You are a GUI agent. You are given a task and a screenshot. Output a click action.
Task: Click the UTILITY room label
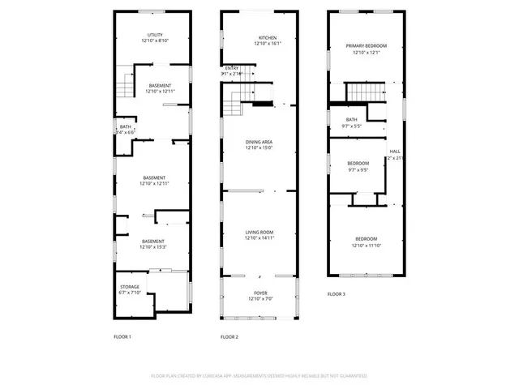[x=155, y=35]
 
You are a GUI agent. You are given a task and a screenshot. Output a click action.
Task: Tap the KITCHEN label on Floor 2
[x=268, y=38]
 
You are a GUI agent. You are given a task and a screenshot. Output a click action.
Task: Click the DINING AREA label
[x=260, y=142]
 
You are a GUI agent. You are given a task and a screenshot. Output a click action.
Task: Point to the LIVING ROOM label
[x=260, y=233]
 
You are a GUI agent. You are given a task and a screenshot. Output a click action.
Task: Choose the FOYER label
[x=260, y=293]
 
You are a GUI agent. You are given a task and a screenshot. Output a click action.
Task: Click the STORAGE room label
[x=131, y=287]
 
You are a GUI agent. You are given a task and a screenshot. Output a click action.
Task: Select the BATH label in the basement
[x=126, y=126]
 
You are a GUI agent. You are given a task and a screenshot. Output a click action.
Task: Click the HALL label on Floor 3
[x=395, y=152]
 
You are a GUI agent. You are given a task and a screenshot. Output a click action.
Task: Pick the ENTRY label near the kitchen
[x=231, y=68]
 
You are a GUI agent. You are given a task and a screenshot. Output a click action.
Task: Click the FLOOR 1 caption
[x=122, y=336]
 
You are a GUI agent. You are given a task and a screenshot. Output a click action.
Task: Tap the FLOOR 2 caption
[x=229, y=336]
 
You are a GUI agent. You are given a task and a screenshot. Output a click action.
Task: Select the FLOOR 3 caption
[x=337, y=293]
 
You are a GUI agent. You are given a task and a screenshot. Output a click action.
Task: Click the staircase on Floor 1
[x=125, y=83]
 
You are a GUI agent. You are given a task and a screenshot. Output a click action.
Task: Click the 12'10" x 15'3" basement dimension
[x=155, y=246]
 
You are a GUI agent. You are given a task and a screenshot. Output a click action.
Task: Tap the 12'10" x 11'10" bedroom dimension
[x=366, y=245]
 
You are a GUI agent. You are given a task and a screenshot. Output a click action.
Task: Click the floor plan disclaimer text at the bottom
[x=259, y=376]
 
